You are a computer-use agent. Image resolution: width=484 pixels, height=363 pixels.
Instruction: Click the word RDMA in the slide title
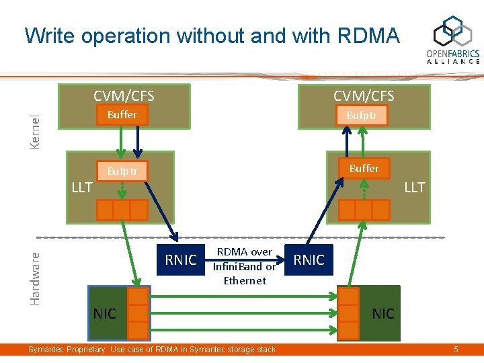tap(366, 35)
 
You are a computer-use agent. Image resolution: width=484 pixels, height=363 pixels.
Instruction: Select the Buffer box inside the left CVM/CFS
tap(122, 115)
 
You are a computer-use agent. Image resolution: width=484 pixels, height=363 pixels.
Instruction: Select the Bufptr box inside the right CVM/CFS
tap(362, 116)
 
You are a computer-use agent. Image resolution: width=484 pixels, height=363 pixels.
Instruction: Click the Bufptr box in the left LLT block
tap(122, 171)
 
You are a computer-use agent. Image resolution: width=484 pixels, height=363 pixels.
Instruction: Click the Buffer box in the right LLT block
tap(364, 168)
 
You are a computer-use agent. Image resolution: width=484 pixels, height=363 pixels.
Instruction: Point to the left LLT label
tap(82, 187)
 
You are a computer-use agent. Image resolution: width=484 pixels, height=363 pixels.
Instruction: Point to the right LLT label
tap(414, 187)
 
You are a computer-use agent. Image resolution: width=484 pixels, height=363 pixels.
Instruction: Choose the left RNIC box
tap(181, 259)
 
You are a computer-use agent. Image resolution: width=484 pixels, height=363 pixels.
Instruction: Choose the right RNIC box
tap(309, 259)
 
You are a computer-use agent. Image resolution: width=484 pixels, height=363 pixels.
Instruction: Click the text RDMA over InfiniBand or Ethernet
tap(245, 266)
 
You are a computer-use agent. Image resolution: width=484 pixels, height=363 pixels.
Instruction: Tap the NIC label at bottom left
tap(104, 313)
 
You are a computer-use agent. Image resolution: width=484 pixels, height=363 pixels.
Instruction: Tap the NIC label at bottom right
tap(383, 313)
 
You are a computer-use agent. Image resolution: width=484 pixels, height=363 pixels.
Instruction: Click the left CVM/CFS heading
tap(124, 95)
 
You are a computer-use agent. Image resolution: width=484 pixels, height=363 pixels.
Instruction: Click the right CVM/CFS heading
tap(364, 95)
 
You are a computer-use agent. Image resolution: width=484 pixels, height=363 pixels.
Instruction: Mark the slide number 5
tap(456, 350)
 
